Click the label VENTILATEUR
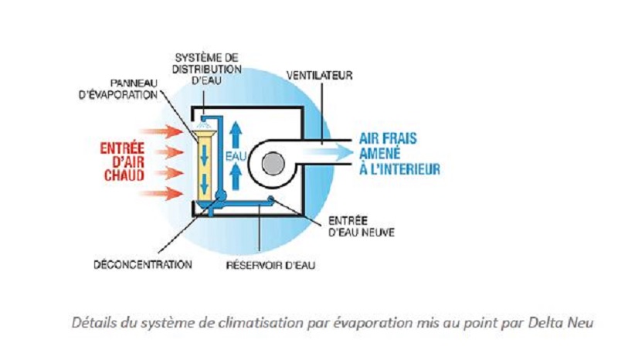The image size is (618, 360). (319, 76)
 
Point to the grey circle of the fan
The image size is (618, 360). (272, 164)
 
